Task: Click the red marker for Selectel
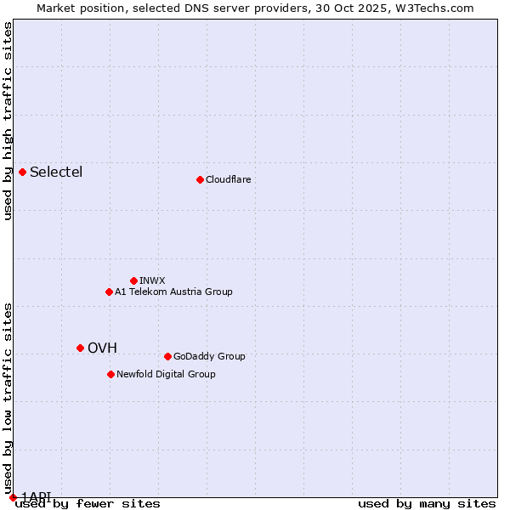click(x=23, y=173)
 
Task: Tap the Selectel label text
click(x=56, y=173)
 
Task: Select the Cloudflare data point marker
click(x=200, y=179)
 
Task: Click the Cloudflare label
click(x=228, y=180)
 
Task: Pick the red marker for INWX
click(x=133, y=280)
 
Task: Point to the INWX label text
click(x=152, y=280)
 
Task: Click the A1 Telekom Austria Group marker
click(x=109, y=292)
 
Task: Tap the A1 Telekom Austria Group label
click(x=173, y=292)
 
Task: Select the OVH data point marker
click(x=81, y=348)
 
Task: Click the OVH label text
click(x=102, y=348)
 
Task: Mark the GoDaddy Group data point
click(x=167, y=356)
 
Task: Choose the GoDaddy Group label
click(x=209, y=357)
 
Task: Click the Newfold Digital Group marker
click(x=110, y=374)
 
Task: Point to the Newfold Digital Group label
click(x=166, y=375)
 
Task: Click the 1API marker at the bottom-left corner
click(x=13, y=497)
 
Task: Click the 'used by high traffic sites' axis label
click(x=8, y=121)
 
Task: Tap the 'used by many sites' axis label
click(x=427, y=504)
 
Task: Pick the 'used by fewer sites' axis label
click(x=88, y=504)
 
